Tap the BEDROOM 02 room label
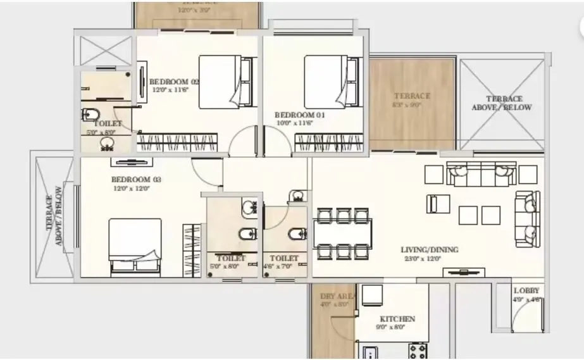point(174,82)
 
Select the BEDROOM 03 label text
point(136,180)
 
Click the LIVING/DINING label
point(430,249)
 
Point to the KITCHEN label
point(397,319)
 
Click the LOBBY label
point(526,290)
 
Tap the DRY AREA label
point(333,295)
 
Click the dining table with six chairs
point(342,233)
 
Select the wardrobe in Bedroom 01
point(328,142)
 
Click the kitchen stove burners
point(418,351)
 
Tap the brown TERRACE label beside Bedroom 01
point(411,96)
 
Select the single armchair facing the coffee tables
point(438,204)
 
